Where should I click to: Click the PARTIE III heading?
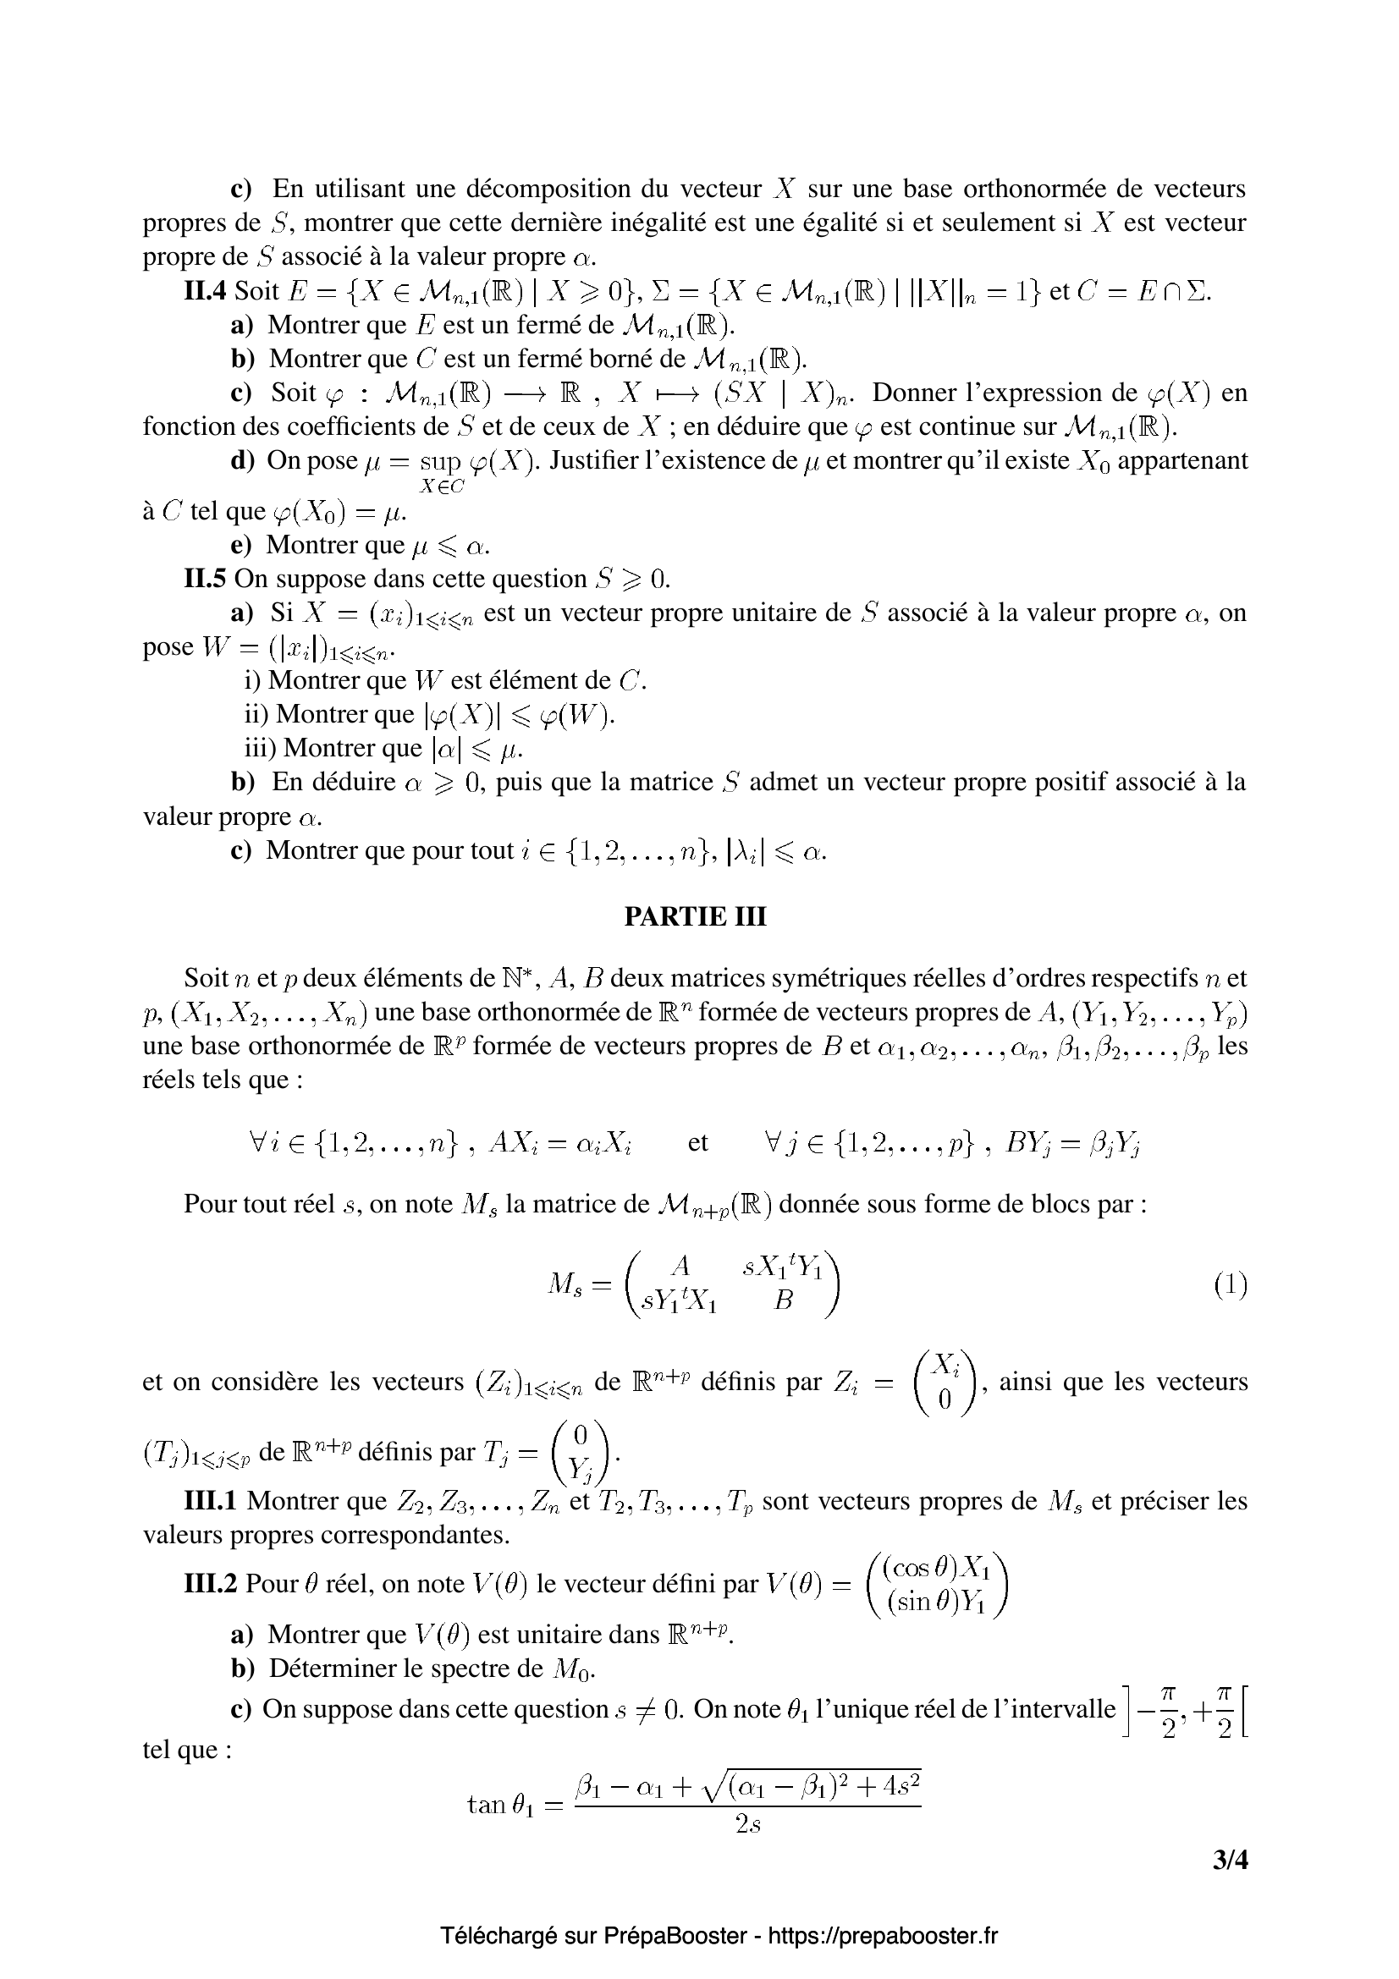[695, 916]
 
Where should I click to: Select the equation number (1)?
[1230, 1286]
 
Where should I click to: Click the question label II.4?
[205, 291]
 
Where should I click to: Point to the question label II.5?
[205, 579]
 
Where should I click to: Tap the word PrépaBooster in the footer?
[674, 1935]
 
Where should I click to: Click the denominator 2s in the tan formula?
[747, 1826]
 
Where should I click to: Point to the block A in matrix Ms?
[680, 1265]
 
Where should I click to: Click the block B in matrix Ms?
[783, 1300]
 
